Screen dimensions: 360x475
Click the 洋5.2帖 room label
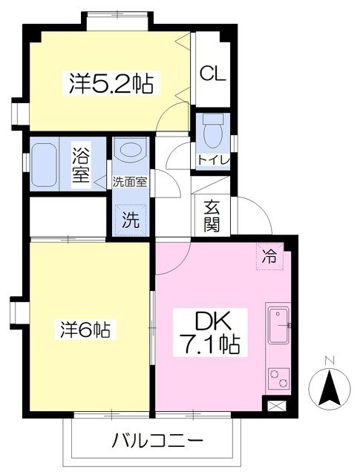(x=111, y=83)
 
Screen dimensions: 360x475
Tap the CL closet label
(x=213, y=73)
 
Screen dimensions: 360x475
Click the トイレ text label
(x=213, y=160)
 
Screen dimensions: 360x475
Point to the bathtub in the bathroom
(x=45, y=165)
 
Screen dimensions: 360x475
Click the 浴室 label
(x=81, y=164)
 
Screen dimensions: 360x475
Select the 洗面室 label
(x=130, y=182)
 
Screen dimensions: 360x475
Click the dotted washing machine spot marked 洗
(x=131, y=220)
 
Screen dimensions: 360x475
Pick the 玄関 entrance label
(x=212, y=216)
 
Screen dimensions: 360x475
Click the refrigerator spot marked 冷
(x=269, y=256)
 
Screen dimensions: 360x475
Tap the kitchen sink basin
(x=278, y=325)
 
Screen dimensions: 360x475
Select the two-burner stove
(x=278, y=379)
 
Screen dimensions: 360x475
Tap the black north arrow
(x=330, y=388)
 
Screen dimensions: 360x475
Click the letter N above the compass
(x=330, y=361)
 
